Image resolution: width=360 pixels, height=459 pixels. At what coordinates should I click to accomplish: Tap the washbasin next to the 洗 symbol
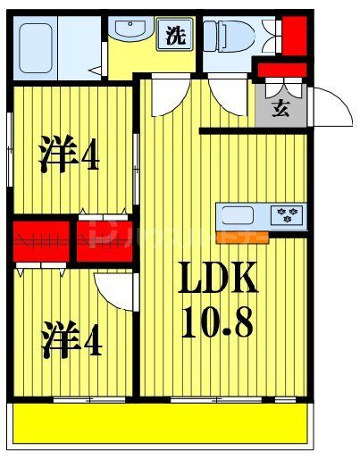tap(132, 34)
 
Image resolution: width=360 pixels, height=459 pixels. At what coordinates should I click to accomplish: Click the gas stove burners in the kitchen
tap(289, 215)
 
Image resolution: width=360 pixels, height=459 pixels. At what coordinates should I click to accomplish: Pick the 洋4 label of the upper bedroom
tap(69, 154)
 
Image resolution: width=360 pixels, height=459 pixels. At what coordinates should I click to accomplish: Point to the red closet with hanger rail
tap(40, 240)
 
